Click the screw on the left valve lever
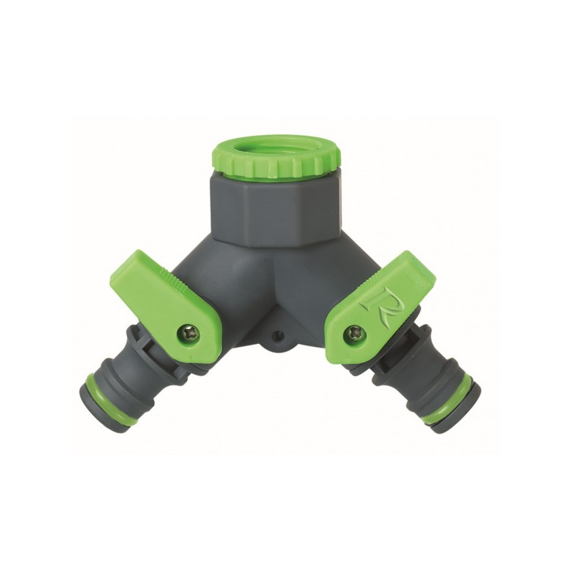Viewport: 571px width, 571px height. pyautogui.click(x=189, y=330)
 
